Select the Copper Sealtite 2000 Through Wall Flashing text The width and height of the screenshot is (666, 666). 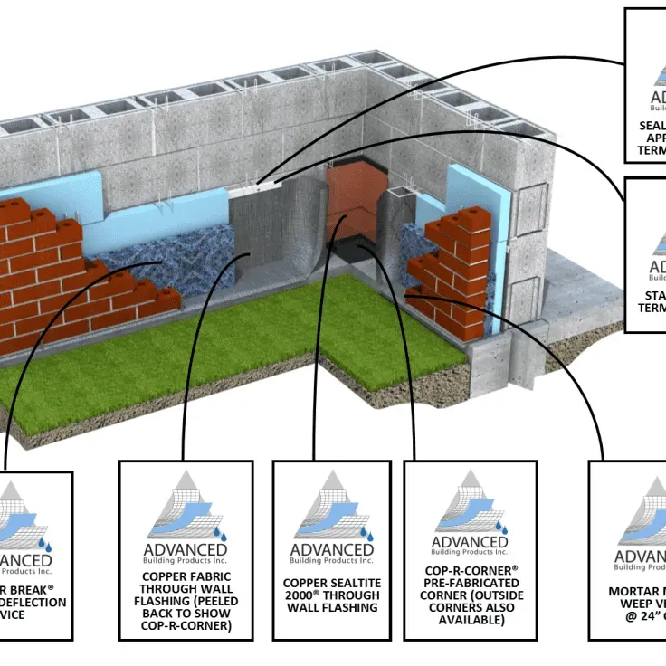pos(331,595)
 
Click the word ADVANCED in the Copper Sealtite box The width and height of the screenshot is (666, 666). pos(331,549)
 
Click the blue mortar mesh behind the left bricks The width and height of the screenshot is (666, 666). pos(145,262)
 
